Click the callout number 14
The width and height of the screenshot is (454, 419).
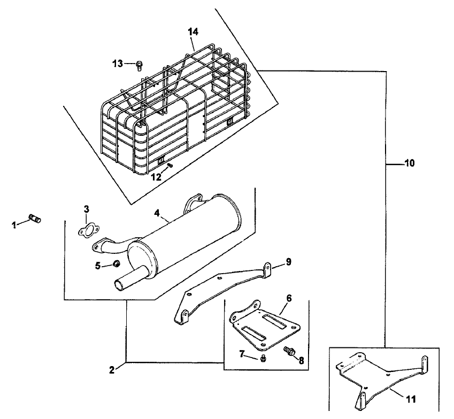coord(193,32)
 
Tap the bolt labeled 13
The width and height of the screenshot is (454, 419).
coord(139,66)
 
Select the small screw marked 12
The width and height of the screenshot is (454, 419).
coord(170,165)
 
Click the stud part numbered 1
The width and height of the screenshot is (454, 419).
coord(35,219)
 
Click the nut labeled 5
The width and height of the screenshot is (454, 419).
coord(116,263)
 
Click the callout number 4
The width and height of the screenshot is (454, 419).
coord(157,213)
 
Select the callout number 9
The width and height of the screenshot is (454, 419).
coord(288,262)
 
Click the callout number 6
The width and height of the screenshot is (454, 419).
coord(289,298)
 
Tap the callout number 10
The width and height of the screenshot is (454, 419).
coord(409,163)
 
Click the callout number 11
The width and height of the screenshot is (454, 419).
coord(411,399)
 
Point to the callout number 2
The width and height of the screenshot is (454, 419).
coord(112,370)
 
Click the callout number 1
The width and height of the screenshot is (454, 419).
coord(14,225)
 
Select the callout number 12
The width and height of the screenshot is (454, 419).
coord(156,177)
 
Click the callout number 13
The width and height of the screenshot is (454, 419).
coord(118,64)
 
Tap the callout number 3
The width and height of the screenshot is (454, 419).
coord(87,209)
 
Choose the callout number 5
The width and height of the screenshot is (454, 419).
coord(98,266)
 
